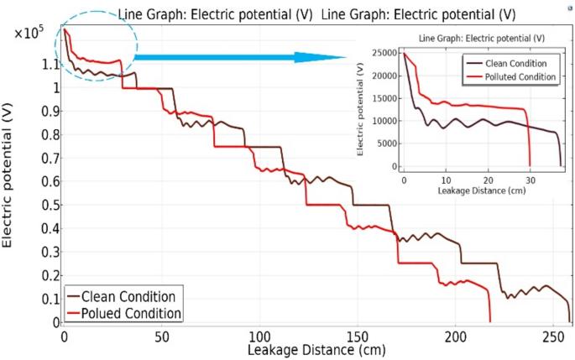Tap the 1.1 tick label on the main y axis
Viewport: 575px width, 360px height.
click(50, 65)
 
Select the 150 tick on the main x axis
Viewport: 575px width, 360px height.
click(358, 336)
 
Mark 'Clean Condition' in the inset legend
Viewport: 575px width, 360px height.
click(516, 63)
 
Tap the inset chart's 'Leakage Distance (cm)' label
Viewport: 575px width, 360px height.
click(482, 191)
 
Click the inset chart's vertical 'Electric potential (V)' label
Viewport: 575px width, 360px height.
click(359, 109)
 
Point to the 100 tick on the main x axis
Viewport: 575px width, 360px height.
click(260, 336)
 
